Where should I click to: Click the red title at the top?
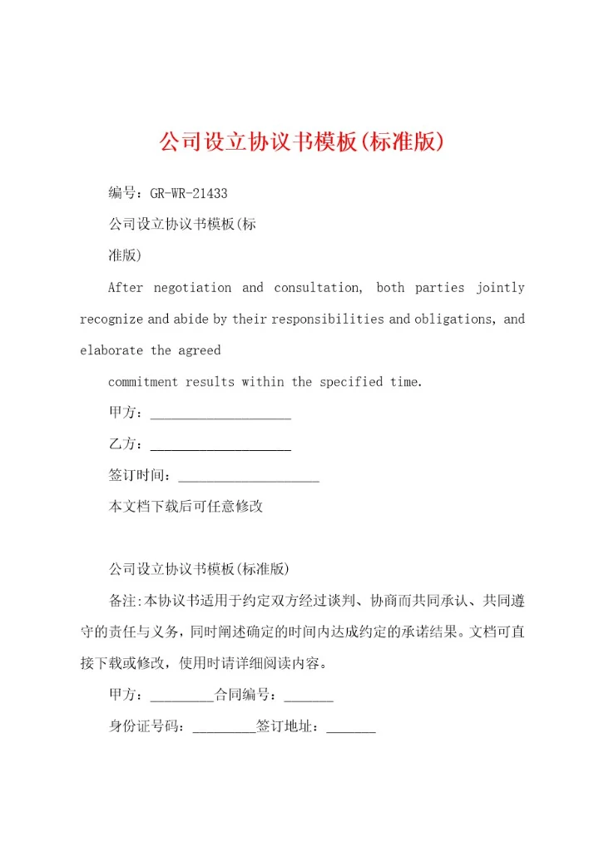coord(299,141)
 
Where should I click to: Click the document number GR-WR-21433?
coord(189,194)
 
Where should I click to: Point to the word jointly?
coord(500,288)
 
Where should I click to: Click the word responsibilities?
coord(329,319)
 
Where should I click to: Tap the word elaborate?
coord(111,351)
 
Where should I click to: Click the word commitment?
coord(143,383)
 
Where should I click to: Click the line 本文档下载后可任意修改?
coord(186,507)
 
